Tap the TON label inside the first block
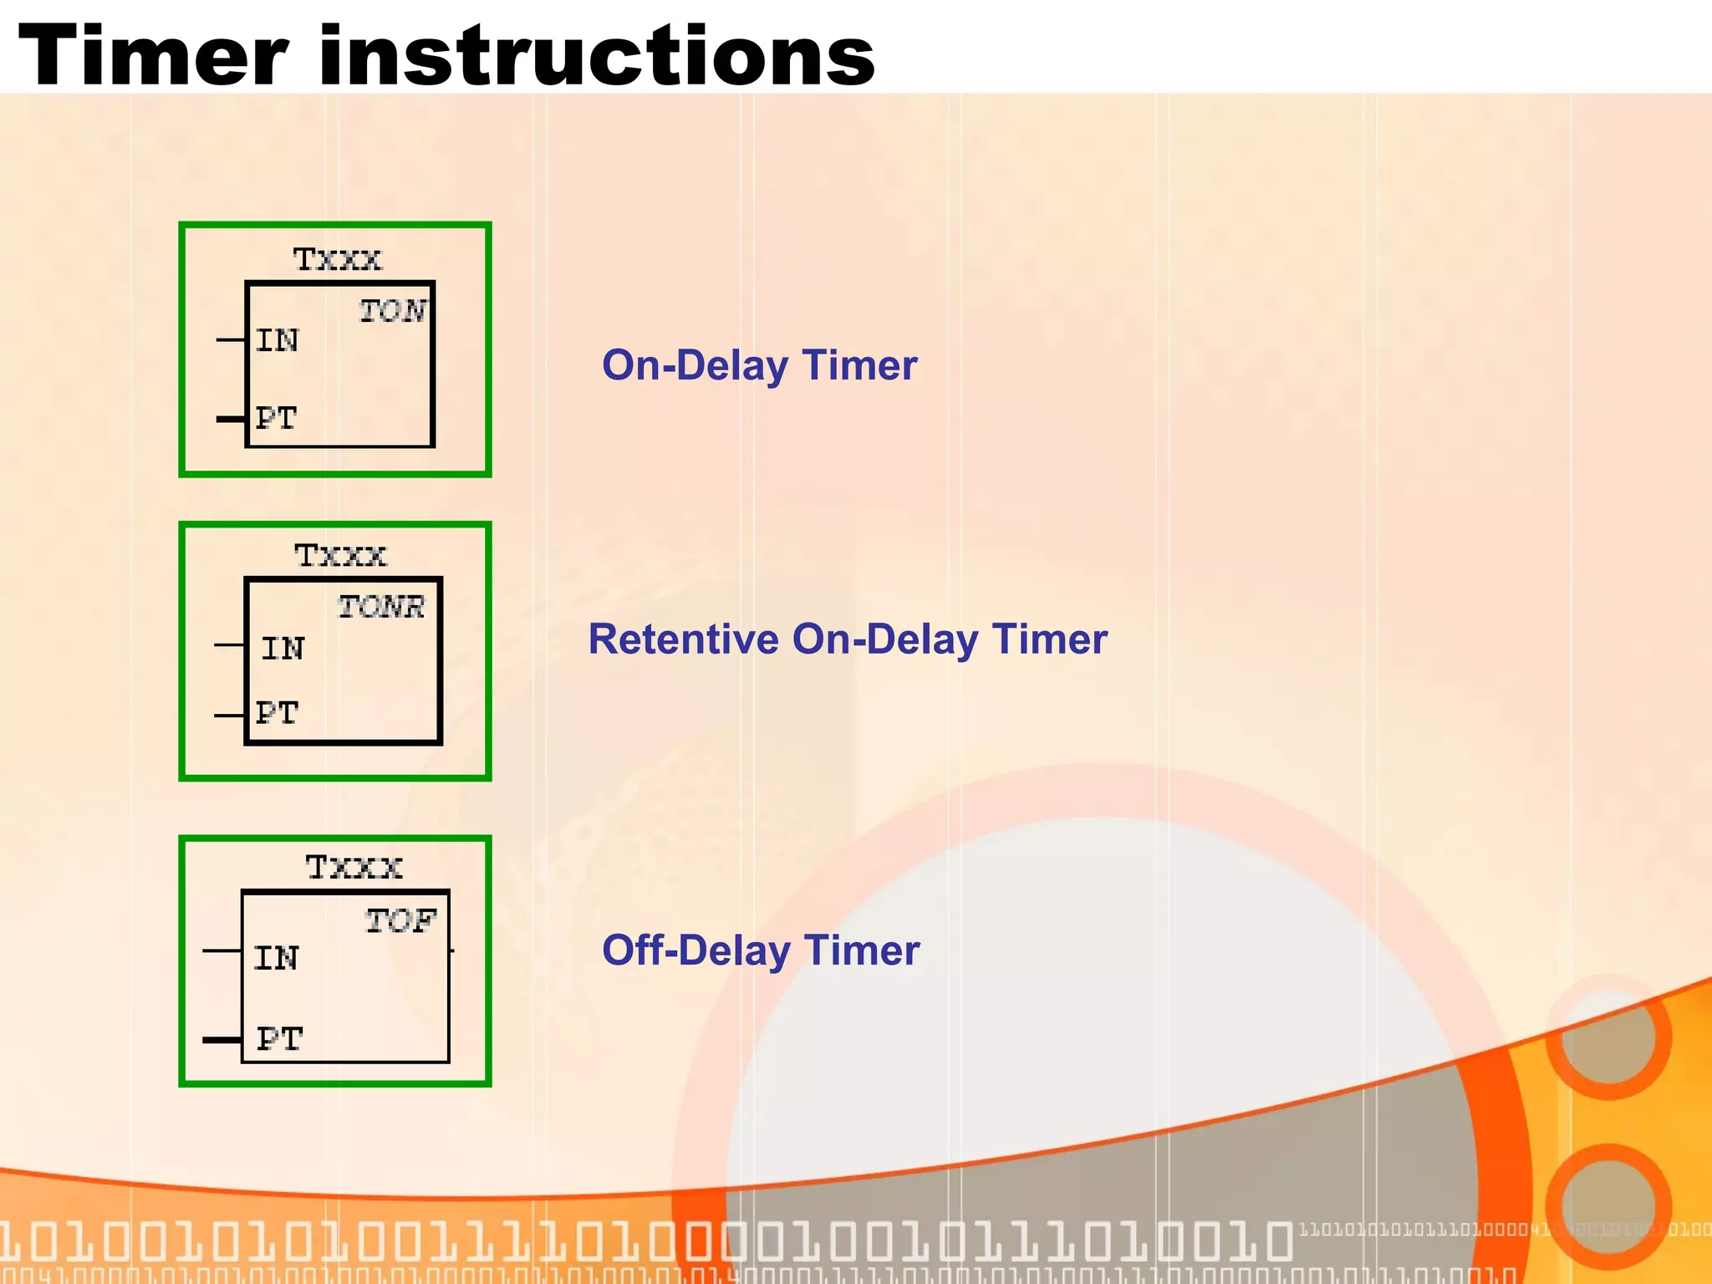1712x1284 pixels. click(x=392, y=311)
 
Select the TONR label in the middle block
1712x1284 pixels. click(x=381, y=606)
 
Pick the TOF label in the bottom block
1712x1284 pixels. click(x=400, y=920)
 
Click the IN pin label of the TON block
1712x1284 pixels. click(x=277, y=340)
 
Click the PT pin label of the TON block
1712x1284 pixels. click(x=276, y=417)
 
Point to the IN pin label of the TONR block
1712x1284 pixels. click(x=283, y=648)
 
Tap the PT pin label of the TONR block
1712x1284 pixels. click(x=277, y=713)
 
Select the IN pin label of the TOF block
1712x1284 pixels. click(x=276, y=958)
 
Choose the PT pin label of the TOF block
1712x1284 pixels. click(x=279, y=1039)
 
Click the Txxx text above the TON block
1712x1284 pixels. click(x=337, y=259)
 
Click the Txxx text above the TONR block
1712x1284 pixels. click(x=340, y=555)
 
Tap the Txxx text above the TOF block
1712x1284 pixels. click(x=354, y=867)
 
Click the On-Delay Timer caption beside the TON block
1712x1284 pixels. click(x=759, y=365)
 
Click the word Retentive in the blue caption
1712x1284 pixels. click(x=683, y=639)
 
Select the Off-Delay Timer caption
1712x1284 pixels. click(x=760, y=950)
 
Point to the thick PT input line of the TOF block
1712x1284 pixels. click(x=222, y=1040)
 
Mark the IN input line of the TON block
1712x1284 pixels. click(x=230, y=339)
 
